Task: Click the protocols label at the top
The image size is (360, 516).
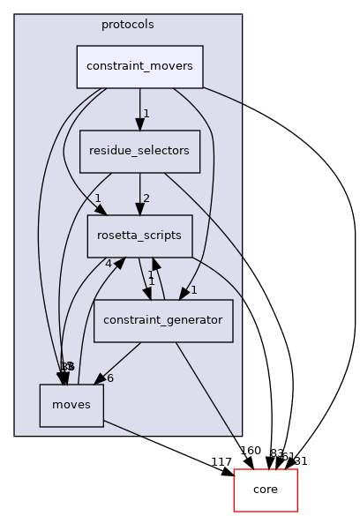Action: (128, 24)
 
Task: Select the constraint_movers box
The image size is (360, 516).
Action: (140, 67)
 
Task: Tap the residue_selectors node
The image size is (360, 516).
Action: (140, 152)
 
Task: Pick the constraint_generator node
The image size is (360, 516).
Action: (163, 320)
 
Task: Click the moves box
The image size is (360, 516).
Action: (71, 405)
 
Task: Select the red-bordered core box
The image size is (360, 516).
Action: (266, 490)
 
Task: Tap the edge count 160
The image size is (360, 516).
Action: (251, 451)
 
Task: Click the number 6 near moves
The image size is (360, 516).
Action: (109, 378)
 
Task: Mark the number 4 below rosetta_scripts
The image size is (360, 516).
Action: (108, 262)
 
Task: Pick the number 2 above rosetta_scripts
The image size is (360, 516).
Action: (146, 198)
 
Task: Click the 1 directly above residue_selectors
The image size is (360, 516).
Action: (146, 113)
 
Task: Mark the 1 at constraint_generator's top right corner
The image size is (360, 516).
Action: (193, 290)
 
